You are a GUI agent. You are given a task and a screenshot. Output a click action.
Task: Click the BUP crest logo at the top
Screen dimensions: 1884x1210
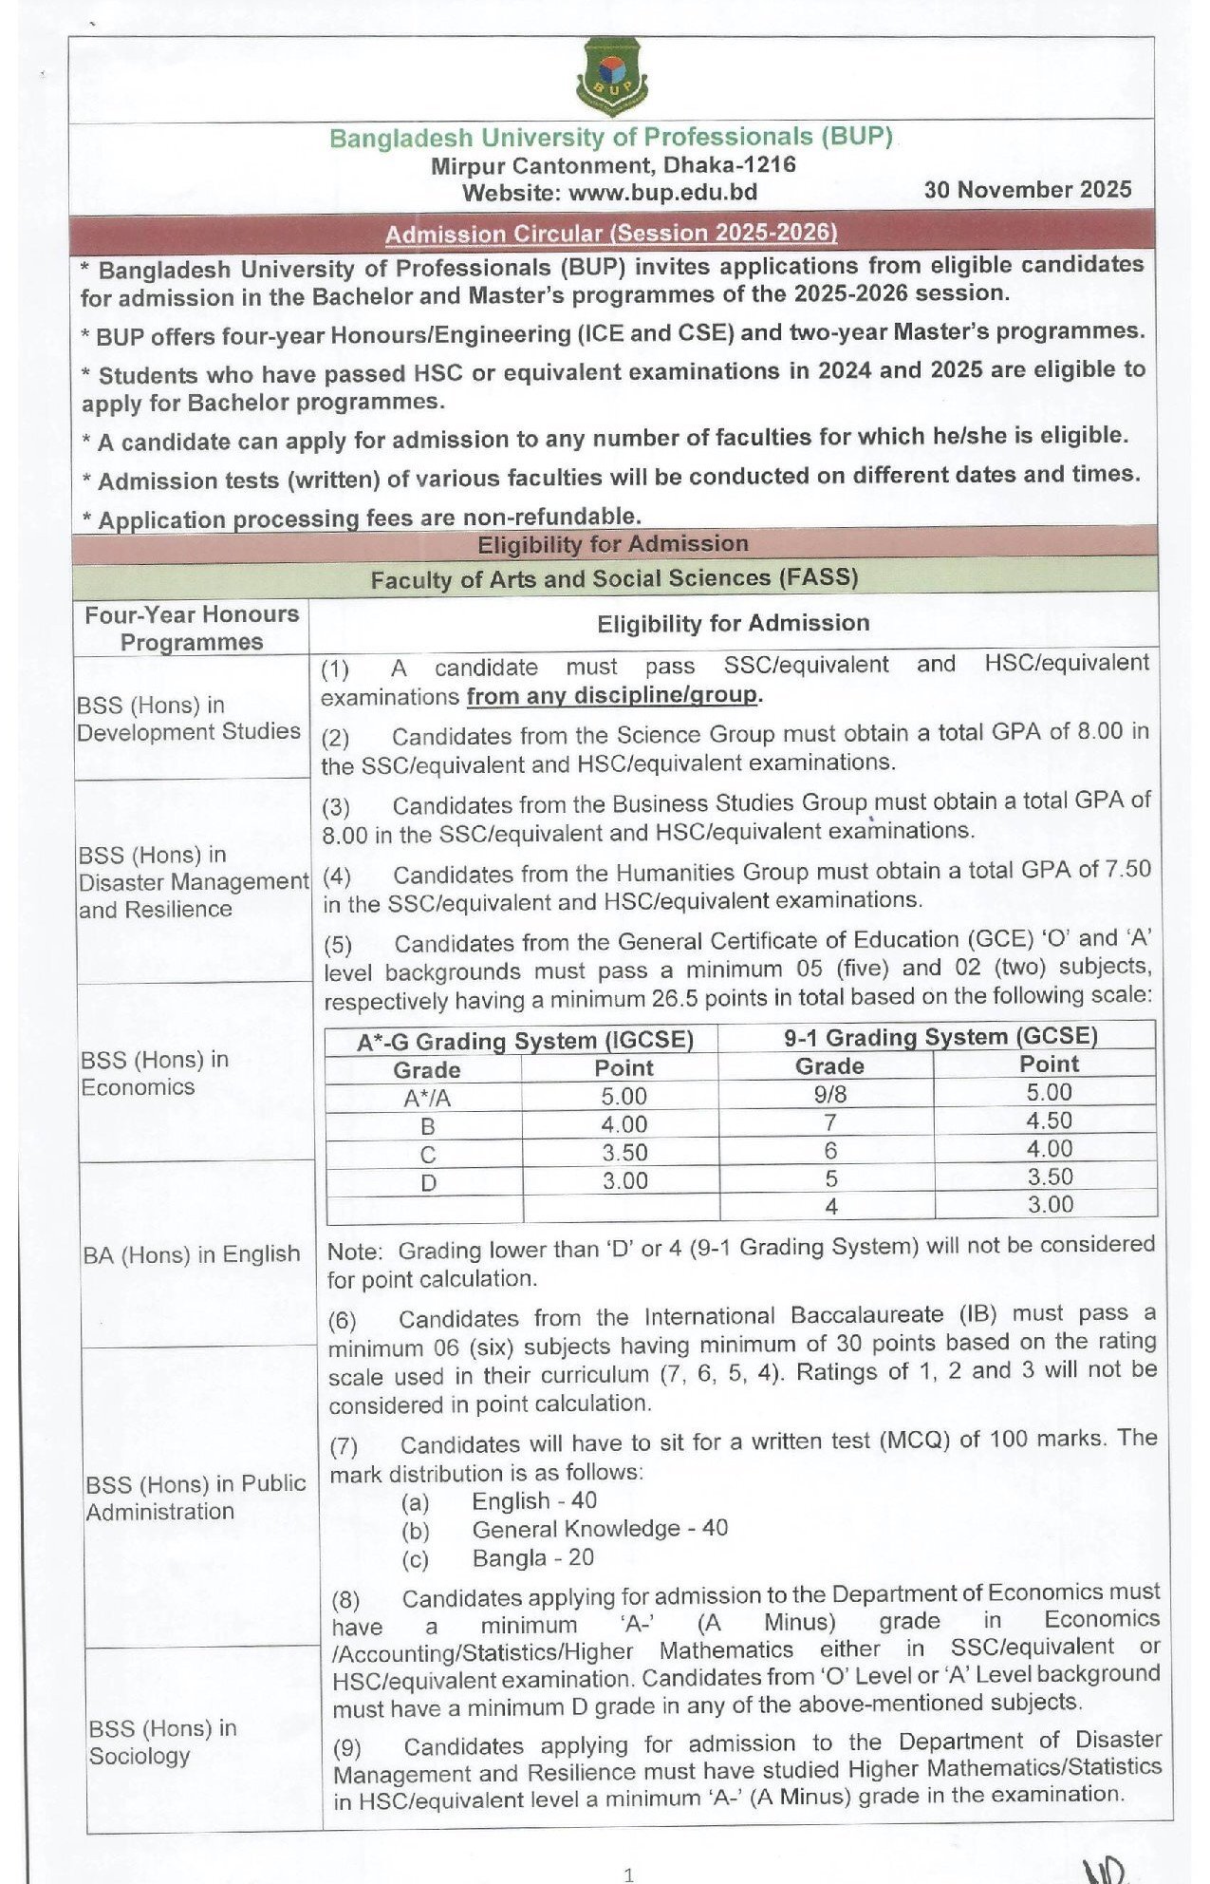point(612,76)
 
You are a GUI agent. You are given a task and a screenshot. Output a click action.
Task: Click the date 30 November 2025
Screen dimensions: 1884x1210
point(1028,190)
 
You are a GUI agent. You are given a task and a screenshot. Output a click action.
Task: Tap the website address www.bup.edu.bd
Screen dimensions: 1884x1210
point(662,193)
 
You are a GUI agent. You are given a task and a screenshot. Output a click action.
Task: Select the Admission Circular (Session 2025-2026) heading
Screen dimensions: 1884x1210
point(611,234)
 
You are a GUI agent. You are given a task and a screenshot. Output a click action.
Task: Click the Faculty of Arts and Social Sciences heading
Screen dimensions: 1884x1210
point(614,578)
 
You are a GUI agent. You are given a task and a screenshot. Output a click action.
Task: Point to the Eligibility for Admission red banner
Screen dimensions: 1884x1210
point(613,544)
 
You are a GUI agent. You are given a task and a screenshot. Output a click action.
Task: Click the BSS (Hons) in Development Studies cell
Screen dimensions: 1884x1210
point(189,719)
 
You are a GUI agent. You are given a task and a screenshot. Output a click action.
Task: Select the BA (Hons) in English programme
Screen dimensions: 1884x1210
point(191,1254)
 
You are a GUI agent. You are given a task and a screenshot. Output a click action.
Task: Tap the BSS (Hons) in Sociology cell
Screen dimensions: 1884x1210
point(162,1742)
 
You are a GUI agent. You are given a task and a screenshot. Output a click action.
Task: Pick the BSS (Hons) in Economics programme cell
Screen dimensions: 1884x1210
point(155,1073)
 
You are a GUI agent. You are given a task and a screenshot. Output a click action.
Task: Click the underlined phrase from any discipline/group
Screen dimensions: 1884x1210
point(613,695)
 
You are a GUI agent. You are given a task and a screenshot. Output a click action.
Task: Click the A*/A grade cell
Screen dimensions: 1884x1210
point(427,1098)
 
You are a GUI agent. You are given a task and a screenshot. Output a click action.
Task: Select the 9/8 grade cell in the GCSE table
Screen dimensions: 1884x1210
point(829,1094)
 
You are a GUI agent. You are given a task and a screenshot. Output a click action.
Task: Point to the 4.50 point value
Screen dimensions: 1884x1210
point(1049,1121)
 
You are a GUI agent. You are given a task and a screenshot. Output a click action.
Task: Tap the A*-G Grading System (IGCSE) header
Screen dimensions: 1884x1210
point(525,1041)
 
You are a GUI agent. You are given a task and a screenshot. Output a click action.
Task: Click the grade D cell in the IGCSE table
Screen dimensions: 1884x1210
point(428,1183)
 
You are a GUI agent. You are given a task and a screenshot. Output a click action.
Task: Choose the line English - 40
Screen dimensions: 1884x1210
point(534,1501)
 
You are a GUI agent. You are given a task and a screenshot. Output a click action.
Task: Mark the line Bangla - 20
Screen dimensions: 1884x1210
point(532,1557)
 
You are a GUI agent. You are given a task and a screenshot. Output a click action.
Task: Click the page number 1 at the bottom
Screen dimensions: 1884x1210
point(628,1874)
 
